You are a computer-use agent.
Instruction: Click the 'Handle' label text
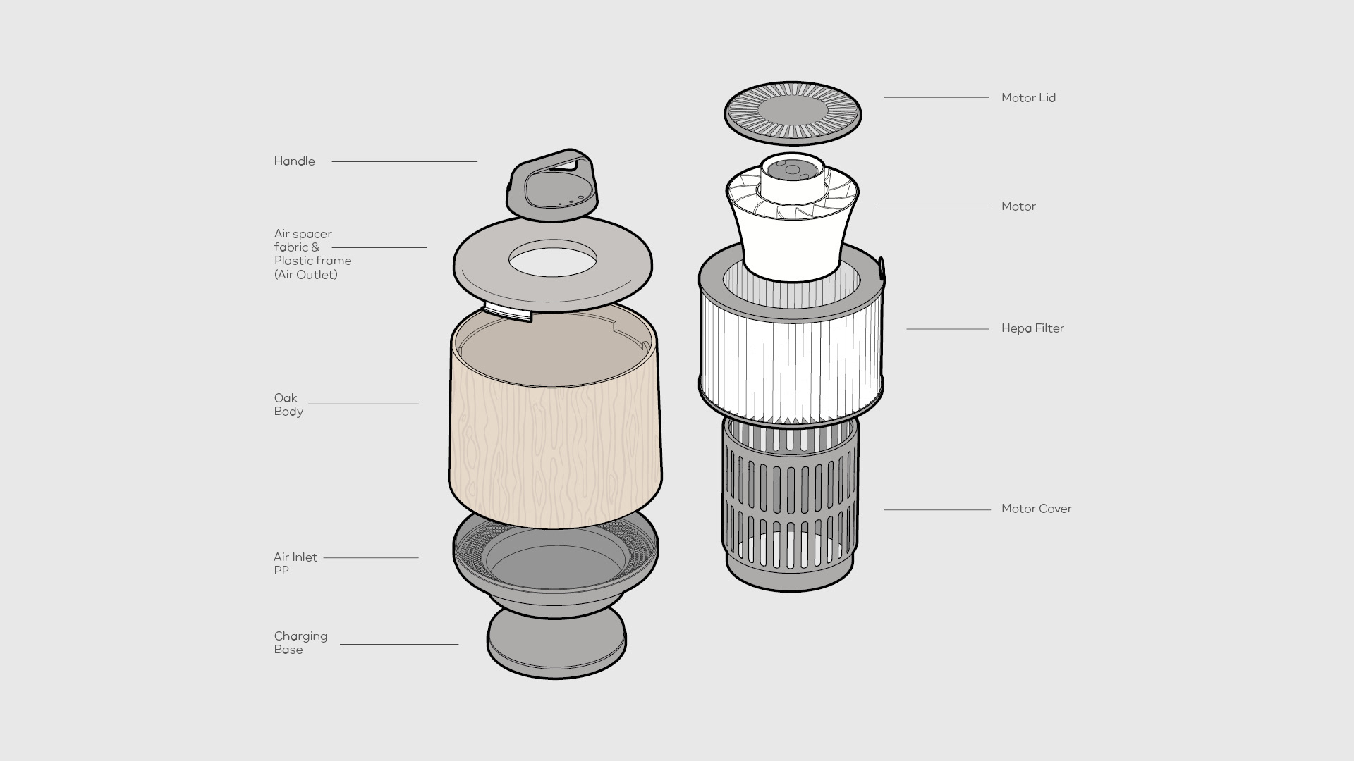[x=294, y=161]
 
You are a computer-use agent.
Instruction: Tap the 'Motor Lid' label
[x=1028, y=98]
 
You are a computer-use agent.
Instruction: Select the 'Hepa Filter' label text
[x=1032, y=328]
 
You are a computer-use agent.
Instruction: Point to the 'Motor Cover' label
[x=1036, y=509]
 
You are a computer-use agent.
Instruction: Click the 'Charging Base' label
[x=300, y=643]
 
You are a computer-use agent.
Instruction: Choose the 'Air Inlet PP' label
[x=295, y=564]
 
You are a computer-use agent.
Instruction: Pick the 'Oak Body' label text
[x=288, y=404]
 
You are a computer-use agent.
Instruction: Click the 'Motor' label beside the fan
[x=1018, y=206]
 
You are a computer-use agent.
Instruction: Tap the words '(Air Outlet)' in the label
[x=305, y=275]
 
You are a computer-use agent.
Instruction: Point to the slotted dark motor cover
[x=790, y=507]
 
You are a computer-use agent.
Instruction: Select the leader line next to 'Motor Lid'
[x=936, y=97]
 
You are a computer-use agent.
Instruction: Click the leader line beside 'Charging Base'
[x=398, y=644]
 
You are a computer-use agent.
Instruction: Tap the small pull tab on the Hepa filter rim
[x=881, y=267]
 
